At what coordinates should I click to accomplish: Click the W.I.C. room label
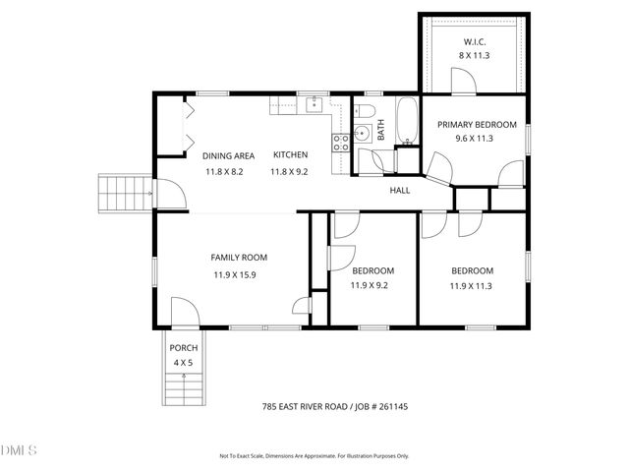coord(475,41)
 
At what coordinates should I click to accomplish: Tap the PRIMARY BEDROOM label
coord(477,124)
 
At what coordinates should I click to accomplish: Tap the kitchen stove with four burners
coord(341,144)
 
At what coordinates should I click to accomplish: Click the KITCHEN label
coord(290,155)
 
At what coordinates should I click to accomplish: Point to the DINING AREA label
coord(228,155)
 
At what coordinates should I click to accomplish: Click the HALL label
coord(400,190)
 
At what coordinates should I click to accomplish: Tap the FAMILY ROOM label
coord(239,258)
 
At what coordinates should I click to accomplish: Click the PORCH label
coord(184,348)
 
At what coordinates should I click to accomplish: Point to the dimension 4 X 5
coord(184,363)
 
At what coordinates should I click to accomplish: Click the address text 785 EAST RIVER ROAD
coord(313,405)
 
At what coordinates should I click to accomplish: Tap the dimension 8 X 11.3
coord(475,56)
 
